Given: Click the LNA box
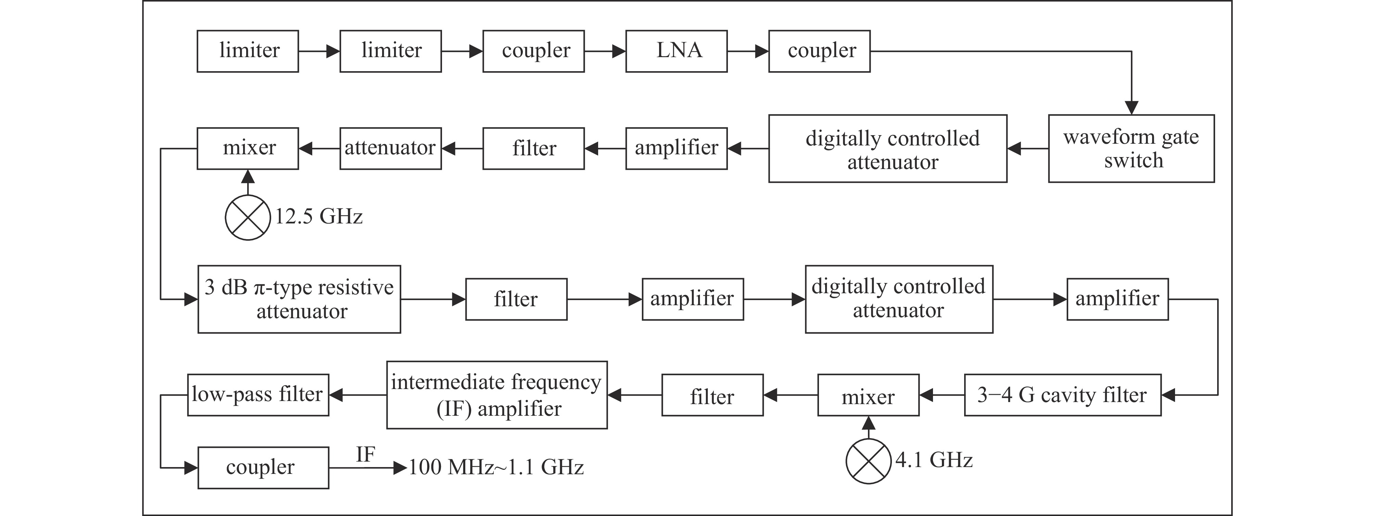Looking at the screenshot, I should [x=676, y=51].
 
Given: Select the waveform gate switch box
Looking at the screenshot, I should [x=1131, y=149].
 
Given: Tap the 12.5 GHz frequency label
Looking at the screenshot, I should [x=319, y=217].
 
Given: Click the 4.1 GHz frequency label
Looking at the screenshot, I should [x=934, y=460].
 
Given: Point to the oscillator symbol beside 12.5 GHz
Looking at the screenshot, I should [x=248, y=217].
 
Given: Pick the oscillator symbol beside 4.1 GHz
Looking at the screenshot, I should [x=869, y=461].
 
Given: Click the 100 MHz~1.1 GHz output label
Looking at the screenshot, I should [x=496, y=467].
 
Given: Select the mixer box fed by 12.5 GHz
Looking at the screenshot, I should [x=248, y=149].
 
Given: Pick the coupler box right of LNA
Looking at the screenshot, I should [x=819, y=51].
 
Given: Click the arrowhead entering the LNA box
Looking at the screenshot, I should [x=619, y=52].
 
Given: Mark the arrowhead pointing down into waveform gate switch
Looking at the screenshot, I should [x=1131, y=108].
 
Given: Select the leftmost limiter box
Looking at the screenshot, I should [x=248, y=51].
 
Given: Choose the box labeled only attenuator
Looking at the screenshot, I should [x=390, y=149].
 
